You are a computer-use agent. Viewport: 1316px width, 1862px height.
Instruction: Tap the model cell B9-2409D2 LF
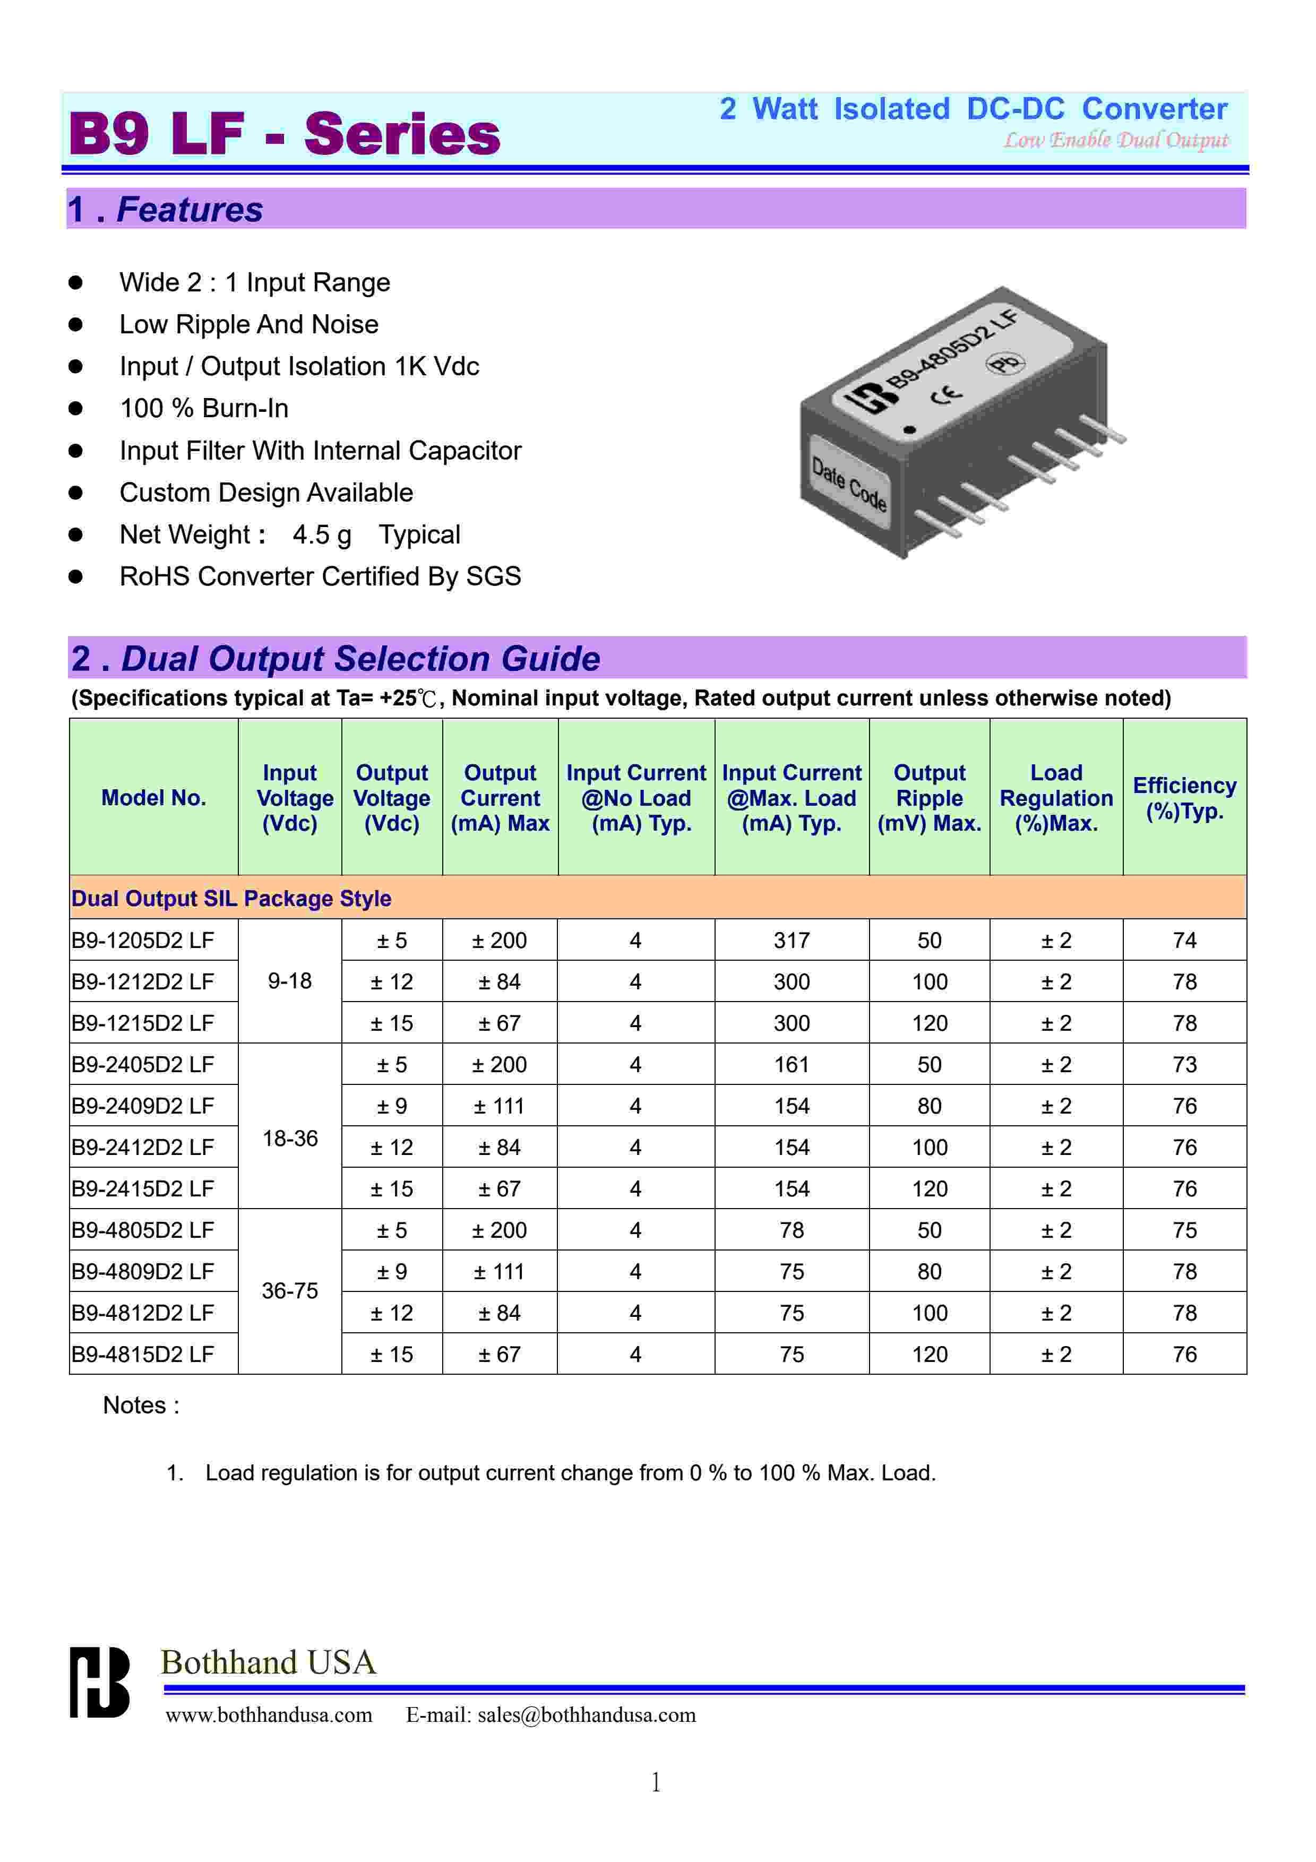click(143, 1106)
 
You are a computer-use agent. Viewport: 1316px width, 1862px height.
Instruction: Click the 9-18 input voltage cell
click(289, 981)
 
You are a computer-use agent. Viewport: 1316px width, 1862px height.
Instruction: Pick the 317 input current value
click(792, 941)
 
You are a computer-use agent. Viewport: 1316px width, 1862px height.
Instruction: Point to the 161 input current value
click(792, 1065)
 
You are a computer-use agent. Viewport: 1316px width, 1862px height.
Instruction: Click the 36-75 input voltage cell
click(289, 1291)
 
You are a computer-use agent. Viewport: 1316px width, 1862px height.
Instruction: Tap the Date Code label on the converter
click(849, 484)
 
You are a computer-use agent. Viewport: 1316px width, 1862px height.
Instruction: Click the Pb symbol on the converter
click(1005, 363)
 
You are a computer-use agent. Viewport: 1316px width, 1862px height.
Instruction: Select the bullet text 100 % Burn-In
click(203, 409)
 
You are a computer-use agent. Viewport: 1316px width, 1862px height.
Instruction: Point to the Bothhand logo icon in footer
click(99, 1682)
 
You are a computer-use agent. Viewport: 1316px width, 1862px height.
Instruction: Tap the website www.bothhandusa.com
click(269, 1715)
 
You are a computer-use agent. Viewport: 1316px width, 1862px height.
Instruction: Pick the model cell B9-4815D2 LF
click(143, 1355)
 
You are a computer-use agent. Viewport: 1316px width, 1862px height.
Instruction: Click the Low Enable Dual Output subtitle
click(1116, 140)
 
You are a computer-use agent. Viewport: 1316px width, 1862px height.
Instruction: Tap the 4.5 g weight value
click(322, 535)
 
